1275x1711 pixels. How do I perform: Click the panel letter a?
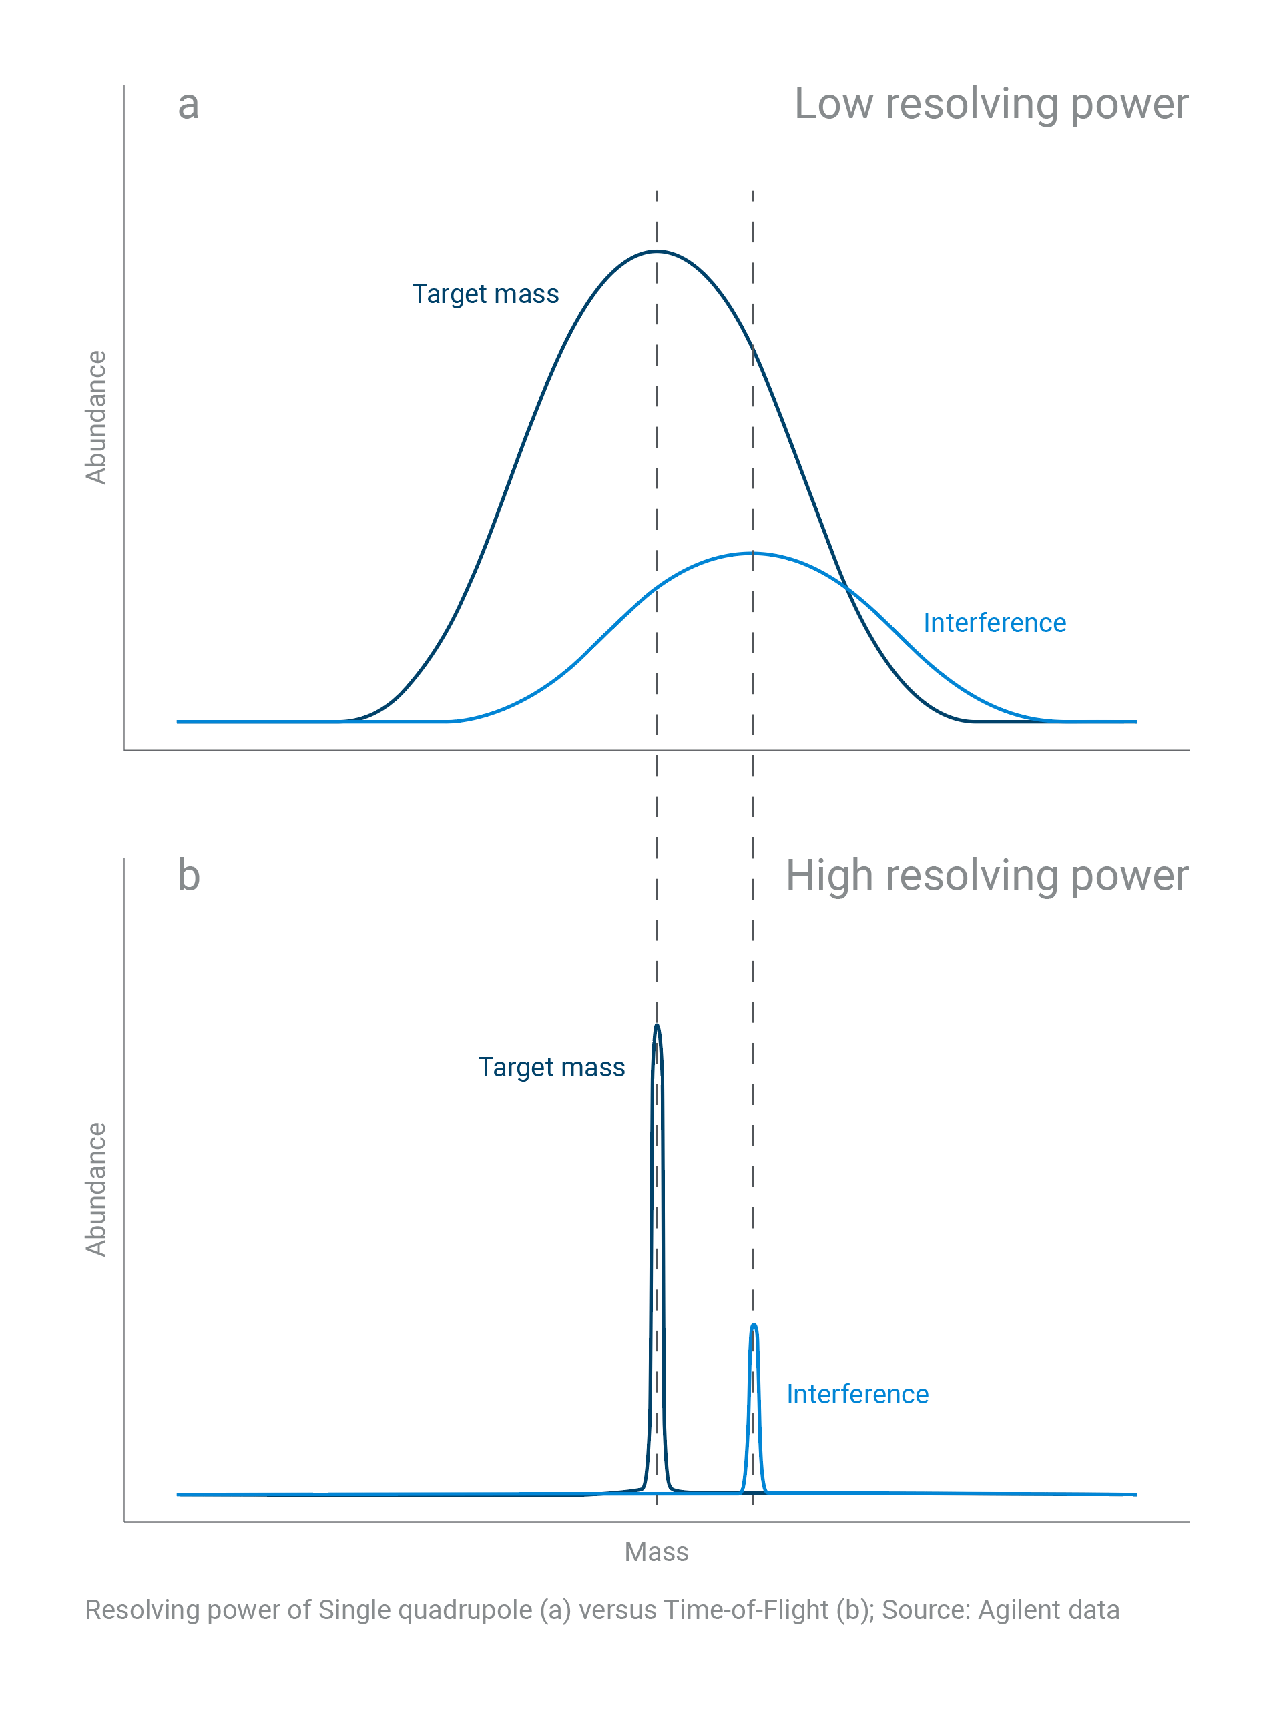coord(188,105)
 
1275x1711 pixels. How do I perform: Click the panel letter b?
coord(189,876)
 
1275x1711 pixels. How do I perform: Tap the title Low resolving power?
coord(991,104)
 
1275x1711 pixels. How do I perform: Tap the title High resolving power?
coord(987,876)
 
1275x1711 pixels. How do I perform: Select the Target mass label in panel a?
coord(485,294)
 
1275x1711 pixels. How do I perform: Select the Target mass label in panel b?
coord(551,1068)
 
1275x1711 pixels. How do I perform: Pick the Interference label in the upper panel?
coord(995,623)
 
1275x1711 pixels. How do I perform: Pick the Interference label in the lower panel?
coord(858,1394)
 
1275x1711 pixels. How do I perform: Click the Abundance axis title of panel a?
coord(95,417)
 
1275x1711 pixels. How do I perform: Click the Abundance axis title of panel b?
coord(95,1190)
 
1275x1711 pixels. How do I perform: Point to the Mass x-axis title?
coord(656,1552)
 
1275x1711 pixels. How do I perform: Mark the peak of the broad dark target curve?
coord(657,252)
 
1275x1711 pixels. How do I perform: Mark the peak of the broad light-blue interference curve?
coord(752,553)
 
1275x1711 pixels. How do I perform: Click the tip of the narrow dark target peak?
coord(657,1025)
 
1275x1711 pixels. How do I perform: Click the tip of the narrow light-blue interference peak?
coord(754,1325)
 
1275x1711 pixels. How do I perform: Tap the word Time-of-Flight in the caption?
coord(746,1610)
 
